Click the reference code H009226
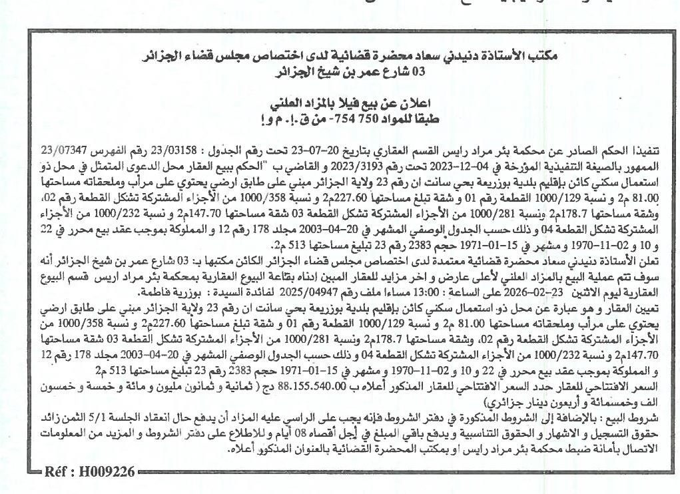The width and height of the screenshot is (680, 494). (x=107, y=473)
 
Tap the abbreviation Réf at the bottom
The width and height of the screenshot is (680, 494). (x=57, y=473)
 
